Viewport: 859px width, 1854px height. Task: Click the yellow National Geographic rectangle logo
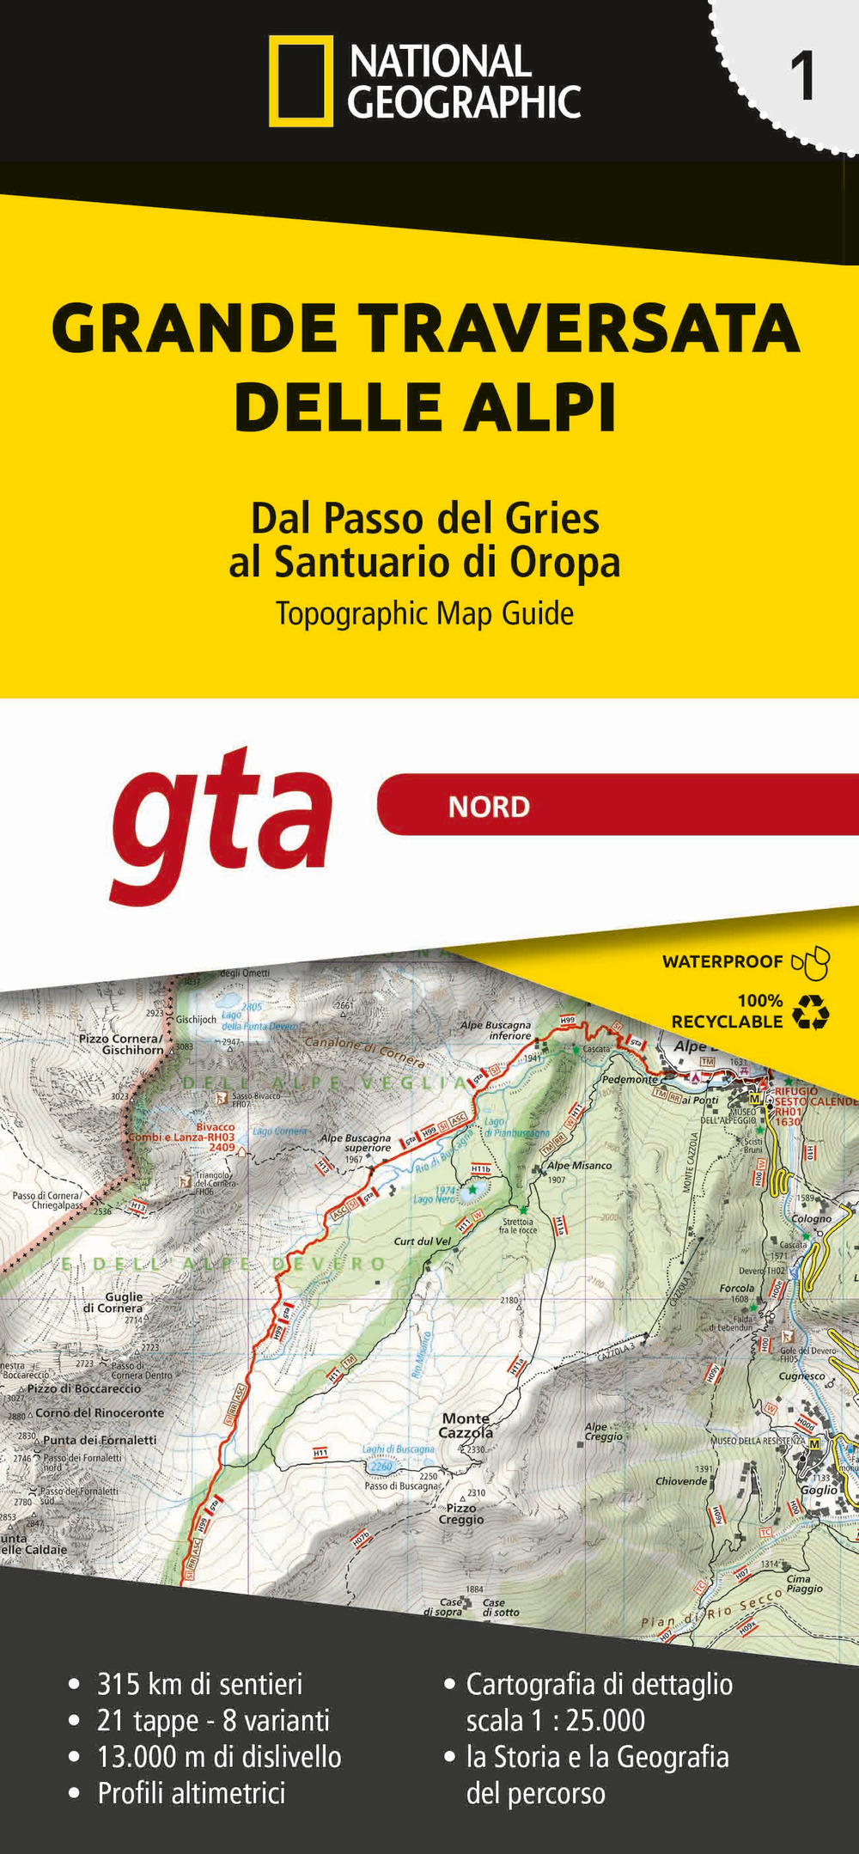tap(301, 81)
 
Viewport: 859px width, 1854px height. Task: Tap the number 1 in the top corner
tap(802, 78)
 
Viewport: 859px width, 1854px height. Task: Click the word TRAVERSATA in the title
tap(579, 329)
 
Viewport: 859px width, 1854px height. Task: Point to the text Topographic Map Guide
tap(424, 614)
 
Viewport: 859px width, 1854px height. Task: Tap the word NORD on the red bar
tap(489, 807)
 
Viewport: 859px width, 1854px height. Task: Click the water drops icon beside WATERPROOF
tap(811, 963)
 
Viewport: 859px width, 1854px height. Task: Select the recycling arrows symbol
tap(810, 1012)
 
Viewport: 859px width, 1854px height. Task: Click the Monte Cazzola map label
tap(466, 1425)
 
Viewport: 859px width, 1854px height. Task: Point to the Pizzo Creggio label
tap(461, 1514)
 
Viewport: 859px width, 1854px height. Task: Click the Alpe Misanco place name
tap(580, 1166)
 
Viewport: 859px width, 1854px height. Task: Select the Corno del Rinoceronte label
tap(99, 1412)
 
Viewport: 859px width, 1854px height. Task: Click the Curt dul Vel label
tap(422, 1241)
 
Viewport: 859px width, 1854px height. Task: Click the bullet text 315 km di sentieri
tap(199, 1684)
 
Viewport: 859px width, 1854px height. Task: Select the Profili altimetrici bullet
tap(191, 1793)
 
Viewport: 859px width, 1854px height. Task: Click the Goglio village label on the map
tap(818, 1490)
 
